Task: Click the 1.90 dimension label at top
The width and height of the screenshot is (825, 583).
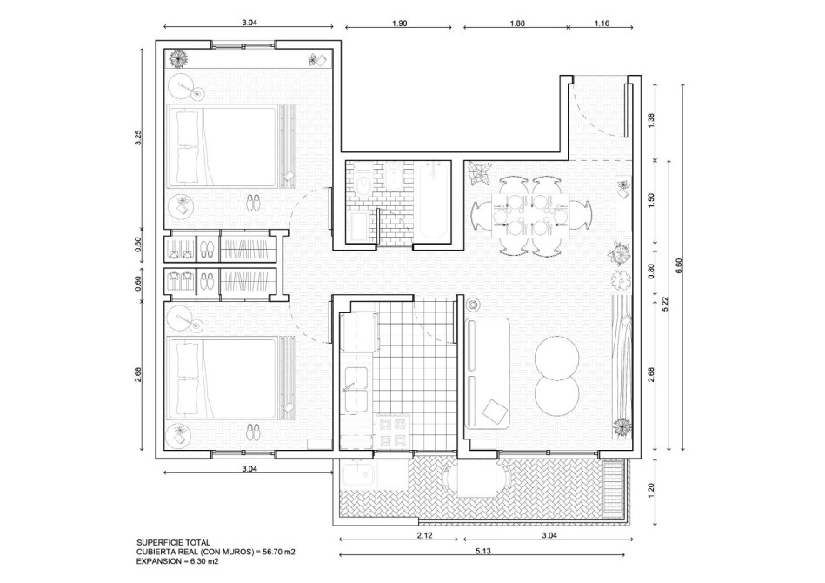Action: click(399, 23)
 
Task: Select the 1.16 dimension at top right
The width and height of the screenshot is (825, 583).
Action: click(602, 23)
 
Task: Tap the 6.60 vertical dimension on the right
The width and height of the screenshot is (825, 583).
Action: click(679, 265)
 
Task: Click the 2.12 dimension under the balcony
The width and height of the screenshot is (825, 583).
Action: click(424, 536)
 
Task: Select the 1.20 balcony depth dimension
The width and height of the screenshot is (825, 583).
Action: click(652, 491)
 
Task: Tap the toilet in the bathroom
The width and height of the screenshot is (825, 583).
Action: click(363, 181)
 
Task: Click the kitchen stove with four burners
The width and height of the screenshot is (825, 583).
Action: click(393, 432)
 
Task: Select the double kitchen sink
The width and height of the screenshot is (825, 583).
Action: click(356, 389)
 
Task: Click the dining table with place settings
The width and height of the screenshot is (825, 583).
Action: click(529, 216)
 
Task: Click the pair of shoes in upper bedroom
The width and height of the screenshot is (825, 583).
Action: click(254, 203)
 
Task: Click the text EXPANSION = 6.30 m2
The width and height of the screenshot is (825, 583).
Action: click(177, 561)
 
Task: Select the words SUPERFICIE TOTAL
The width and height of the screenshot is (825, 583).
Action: click(173, 542)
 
